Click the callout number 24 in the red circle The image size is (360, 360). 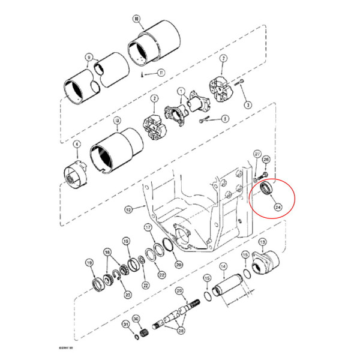click(x=278, y=206)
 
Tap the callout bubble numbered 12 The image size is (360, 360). click(x=128, y=210)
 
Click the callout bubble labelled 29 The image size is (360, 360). click(x=179, y=291)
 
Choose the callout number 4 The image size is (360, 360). click(x=77, y=145)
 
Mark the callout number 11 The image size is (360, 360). click(x=161, y=73)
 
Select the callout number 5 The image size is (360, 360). click(x=225, y=119)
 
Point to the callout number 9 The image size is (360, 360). click(x=89, y=58)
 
